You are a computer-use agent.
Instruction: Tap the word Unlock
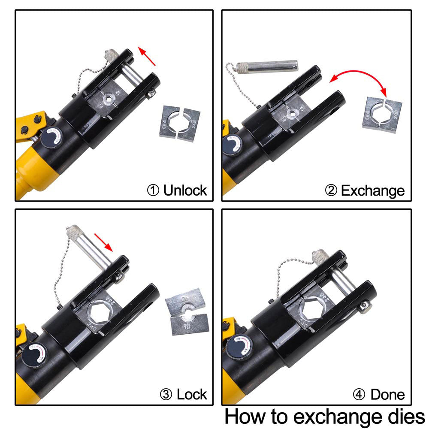(x=185, y=190)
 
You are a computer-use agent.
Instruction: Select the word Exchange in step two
(x=372, y=190)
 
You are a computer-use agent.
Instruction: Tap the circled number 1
(x=153, y=190)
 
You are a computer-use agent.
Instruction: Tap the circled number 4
(x=359, y=394)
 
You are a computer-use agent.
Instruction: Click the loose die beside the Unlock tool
(x=180, y=122)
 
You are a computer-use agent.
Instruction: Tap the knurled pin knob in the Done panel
(x=320, y=257)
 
